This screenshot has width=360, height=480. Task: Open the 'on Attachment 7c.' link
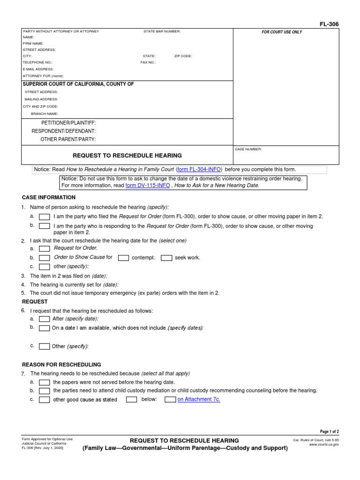coord(198,399)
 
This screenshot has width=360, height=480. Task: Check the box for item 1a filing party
coord(45,217)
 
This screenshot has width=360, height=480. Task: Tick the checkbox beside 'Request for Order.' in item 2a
coord(45,248)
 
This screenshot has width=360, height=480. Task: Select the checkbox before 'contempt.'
coord(124,257)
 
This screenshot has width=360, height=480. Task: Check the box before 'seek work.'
coord(166,257)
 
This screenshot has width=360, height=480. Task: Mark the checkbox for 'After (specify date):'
coord(45,319)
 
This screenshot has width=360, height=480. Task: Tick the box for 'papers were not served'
coord(45,382)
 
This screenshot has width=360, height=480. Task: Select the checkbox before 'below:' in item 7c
coord(132,399)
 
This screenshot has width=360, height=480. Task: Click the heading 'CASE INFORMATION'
coord(49,197)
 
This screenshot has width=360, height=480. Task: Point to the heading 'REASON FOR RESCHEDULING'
coord(61,364)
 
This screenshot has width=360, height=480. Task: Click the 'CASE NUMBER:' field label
coord(248,150)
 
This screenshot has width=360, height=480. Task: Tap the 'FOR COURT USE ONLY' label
coord(282,32)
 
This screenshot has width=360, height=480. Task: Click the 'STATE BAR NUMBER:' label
coord(162,31)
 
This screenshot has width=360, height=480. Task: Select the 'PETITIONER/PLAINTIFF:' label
coord(68,123)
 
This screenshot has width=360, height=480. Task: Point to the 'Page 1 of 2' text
coord(326,431)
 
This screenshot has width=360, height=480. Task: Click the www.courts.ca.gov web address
coord(323,444)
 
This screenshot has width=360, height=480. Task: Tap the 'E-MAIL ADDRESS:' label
coord(38,69)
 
